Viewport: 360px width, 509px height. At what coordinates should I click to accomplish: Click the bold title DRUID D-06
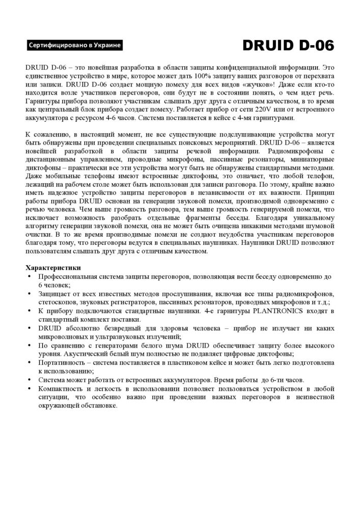(288, 46)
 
